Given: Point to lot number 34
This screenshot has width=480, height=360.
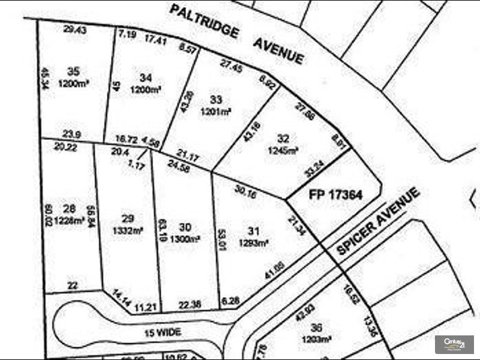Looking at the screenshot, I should [x=145, y=77].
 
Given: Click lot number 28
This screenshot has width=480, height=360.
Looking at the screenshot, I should [x=70, y=208].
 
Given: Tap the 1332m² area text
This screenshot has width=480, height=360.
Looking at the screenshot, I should [x=127, y=230].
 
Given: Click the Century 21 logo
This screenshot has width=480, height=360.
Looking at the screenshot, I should [x=454, y=344].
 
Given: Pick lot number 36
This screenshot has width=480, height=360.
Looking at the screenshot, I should [x=317, y=328].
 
